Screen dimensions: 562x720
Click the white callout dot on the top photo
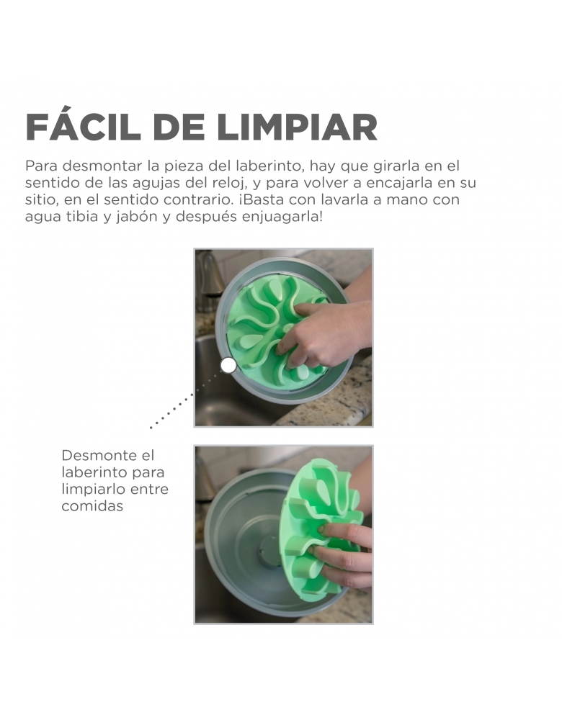229,366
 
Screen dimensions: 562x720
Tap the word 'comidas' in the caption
92,506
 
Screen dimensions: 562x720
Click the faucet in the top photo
208,280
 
